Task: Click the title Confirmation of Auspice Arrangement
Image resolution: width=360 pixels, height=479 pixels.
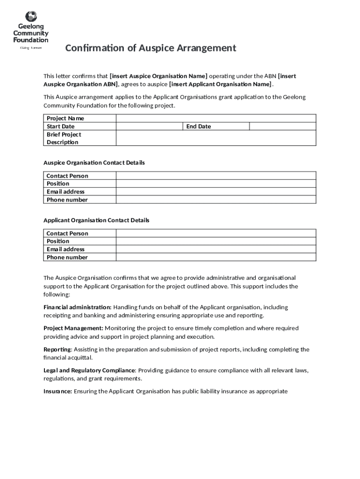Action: pos(151,48)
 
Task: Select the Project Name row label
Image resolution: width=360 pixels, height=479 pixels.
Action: pos(65,118)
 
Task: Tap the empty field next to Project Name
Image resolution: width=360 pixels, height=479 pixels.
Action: pos(216,118)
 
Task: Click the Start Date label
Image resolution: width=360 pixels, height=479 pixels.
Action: pos(61,126)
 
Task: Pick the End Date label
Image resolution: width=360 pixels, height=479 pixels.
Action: pos(199,126)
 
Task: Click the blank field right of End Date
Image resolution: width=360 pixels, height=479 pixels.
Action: pos(282,126)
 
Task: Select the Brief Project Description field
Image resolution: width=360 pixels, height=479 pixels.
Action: pos(216,138)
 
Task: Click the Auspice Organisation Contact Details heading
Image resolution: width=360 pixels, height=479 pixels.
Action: pos(94,163)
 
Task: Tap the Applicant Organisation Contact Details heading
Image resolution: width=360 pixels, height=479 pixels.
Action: pos(96,220)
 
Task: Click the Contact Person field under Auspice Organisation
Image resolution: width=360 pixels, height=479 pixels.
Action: pos(216,176)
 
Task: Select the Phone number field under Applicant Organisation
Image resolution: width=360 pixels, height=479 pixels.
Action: pos(216,257)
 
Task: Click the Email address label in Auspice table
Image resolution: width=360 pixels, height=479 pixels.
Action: pos(65,192)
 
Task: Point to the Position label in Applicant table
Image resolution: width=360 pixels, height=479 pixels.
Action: pos(58,241)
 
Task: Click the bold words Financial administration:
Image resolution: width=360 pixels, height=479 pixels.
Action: pos(77,307)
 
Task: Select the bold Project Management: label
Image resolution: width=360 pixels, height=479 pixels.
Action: pos(73,328)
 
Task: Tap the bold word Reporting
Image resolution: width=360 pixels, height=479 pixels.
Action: pos(57,349)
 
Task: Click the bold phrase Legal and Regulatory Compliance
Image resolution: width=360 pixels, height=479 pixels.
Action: pos(89,370)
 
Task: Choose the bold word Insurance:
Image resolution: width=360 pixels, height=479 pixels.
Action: pos(58,392)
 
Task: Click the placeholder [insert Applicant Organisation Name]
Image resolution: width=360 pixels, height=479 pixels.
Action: pos(220,84)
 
